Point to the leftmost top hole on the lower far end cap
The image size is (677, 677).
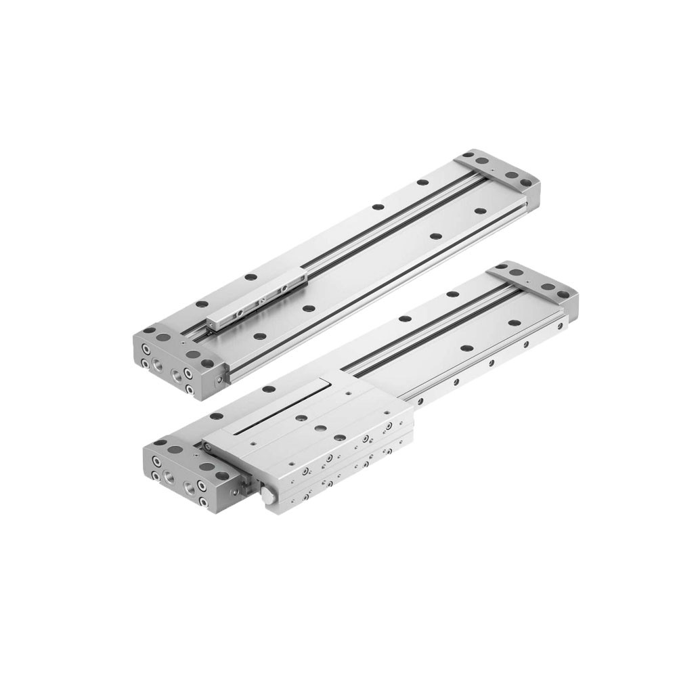[x=502, y=269]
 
